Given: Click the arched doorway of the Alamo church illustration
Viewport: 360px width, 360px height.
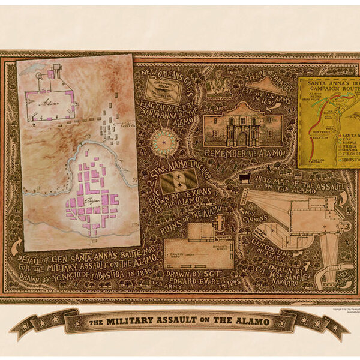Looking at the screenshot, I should point(242,139).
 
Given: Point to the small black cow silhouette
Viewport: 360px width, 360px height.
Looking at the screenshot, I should point(245,177).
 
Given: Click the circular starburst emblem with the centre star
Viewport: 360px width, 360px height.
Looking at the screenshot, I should point(164,142).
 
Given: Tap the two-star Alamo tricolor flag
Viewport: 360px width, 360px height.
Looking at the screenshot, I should point(179,180).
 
